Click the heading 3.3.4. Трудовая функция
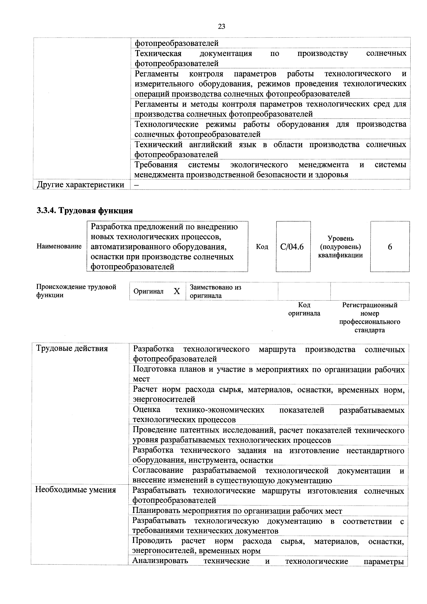click(85, 210)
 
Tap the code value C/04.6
click(292, 247)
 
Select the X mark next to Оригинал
click(177, 291)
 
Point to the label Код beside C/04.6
click(262, 247)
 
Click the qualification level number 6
click(390, 247)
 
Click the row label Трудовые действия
click(72, 348)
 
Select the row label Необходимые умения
click(75, 490)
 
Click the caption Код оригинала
click(304, 309)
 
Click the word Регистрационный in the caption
click(370, 305)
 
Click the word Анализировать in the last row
click(160, 561)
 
